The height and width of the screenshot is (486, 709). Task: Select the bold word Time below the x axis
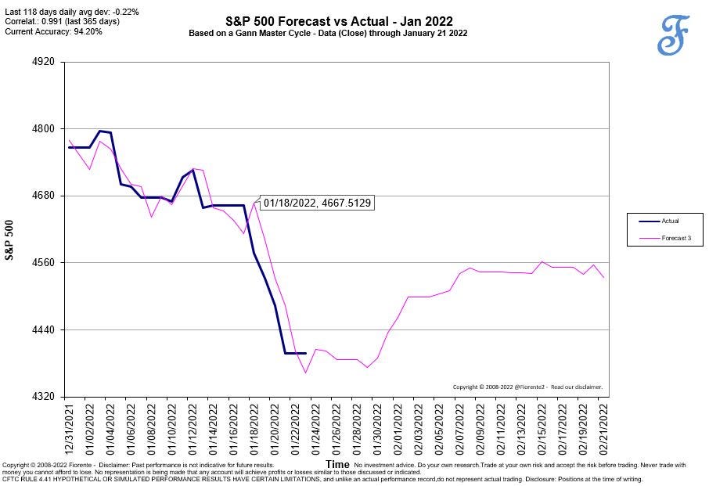[x=337, y=465]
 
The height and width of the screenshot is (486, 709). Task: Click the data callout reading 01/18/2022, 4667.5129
[x=317, y=203]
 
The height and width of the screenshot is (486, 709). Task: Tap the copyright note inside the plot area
[x=527, y=387]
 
